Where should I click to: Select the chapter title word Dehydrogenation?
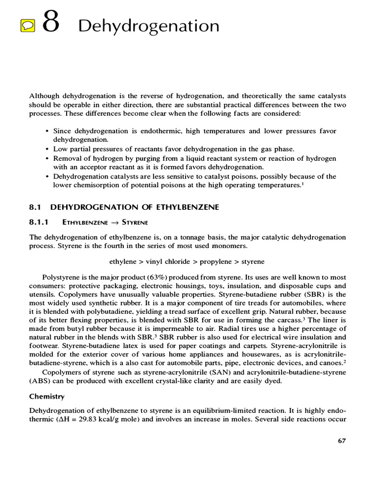[x=148, y=26]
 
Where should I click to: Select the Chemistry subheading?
[x=47, y=396]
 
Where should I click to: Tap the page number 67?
[x=342, y=440]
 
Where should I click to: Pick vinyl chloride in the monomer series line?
[x=165, y=261]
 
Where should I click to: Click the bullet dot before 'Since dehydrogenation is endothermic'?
[x=47, y=131]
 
